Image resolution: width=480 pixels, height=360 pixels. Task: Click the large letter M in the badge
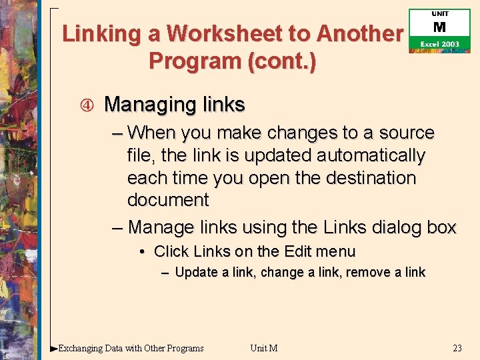(x=439, y=27)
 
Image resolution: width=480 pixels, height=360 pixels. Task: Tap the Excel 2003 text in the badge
(x=439, y=44)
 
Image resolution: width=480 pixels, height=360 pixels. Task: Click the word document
(x=168, y=200)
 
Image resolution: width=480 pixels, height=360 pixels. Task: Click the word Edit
(x=297, y=252)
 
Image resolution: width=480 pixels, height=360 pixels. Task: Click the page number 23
(x=457, y=348)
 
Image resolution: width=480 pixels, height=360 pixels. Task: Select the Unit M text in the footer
(x=263, y=348)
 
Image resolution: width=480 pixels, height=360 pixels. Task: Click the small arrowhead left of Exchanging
(x=54, y=348)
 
